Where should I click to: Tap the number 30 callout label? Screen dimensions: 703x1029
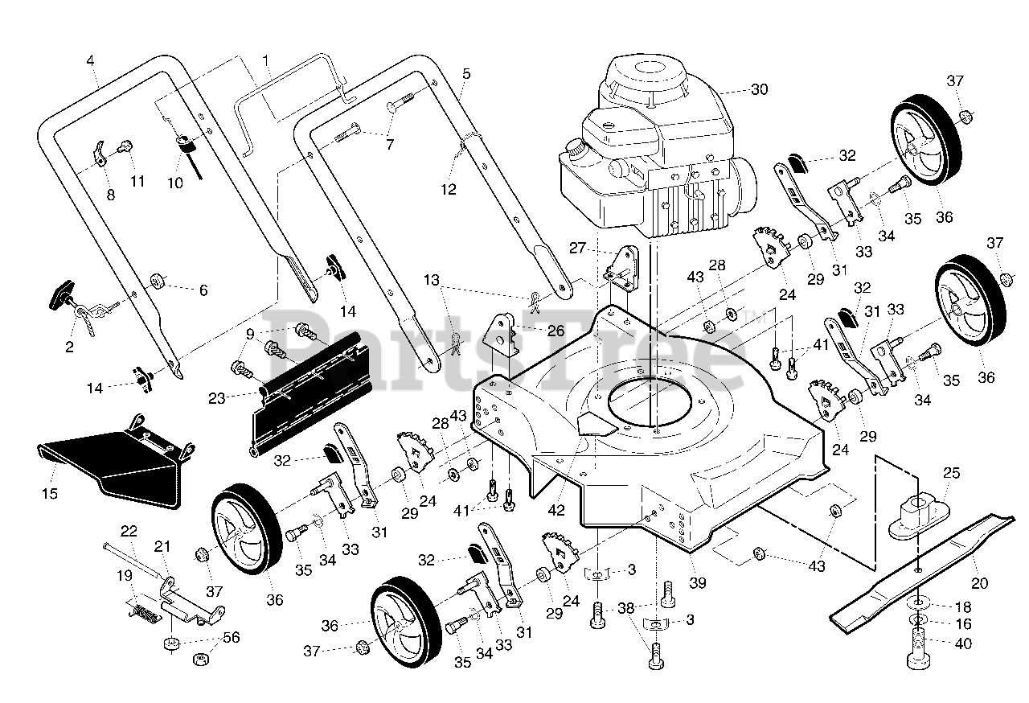coord(759,90)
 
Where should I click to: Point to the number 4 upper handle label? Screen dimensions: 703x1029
coord(90,60)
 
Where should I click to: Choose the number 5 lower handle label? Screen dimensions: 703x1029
coord(466,73)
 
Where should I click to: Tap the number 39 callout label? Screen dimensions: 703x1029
coord(697,582)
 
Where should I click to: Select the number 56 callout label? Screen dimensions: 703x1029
coord(232,637)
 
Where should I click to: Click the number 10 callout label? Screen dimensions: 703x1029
coord(174,183)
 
